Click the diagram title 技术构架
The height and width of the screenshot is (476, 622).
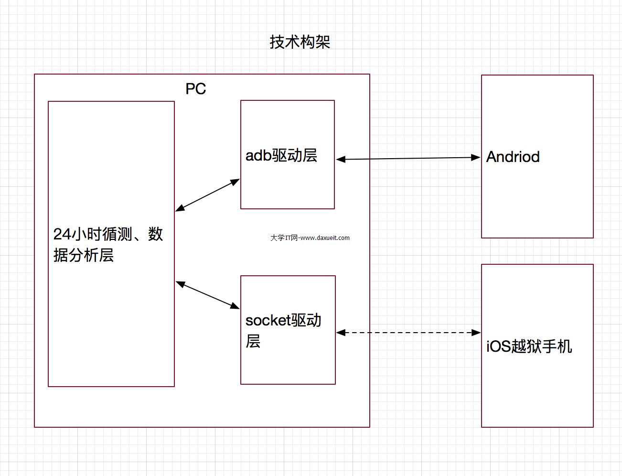pyautogui.click(x=300, y=42)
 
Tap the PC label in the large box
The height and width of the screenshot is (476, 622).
pyautogui.click(x=195, y=89)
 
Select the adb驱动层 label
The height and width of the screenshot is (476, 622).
pyautogui.click(x=281, y=155)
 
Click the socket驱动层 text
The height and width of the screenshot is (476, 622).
pyautogui.click(x=283, y=330)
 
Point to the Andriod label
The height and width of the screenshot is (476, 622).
pyautogui.click(x=513, y=157)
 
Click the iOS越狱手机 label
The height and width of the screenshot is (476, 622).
pyautogui.click(x=529, y=346)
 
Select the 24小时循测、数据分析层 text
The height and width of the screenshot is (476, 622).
pyautogui.click(x=108, y=244)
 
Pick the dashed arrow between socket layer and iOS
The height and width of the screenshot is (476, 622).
pyautogui.click(x=408, y=333)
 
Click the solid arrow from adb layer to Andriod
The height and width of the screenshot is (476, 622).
pyautogui.click(x=408, y=158)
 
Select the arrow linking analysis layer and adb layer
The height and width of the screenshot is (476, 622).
pyautogui.click(x=207, y=195)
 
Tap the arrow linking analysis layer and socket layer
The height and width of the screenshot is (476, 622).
pyautogui.click(x=207, y=295)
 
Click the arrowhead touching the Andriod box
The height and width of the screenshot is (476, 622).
pyautogui.click(x=476, y=157)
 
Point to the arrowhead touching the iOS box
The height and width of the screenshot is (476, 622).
pyautogui.click(x=476, y=333)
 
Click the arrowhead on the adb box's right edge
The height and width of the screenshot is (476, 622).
pyautogui.click(x=341, y=159)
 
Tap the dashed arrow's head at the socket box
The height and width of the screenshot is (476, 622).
pyautogui.click(x=341, y=333)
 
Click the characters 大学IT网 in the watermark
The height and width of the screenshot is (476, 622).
pyautogui.click(x=284, y=238)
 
